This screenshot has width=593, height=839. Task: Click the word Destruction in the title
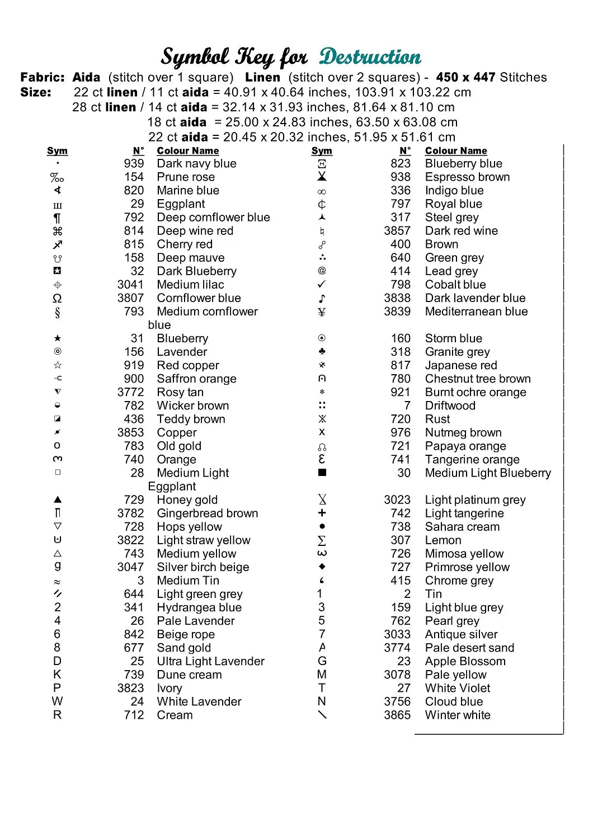tap(370, 56)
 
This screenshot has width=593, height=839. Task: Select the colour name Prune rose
tap(186, 177)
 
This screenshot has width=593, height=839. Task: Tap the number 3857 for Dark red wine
tap(397, 231)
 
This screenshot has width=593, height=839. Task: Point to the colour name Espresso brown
tap(467, 177)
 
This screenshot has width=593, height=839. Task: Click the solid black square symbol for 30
tap(322, 473)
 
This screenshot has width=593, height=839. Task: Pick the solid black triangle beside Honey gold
tap(58, 499)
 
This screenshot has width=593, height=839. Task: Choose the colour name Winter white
tap(458, 715)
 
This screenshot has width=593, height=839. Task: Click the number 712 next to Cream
tap(134, 715)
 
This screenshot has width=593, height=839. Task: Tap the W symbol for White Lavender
tap(57, 701)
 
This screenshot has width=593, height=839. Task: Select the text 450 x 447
tap(465, 77)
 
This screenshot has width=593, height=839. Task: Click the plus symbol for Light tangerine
tap(322, 513)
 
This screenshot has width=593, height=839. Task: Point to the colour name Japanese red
tap(461, 365)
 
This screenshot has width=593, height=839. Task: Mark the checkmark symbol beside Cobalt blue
tap(322, 284)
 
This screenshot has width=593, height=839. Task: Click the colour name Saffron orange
tap(196, 379)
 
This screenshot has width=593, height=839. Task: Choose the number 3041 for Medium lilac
tap(130, 285)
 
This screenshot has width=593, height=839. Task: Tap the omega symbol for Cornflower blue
tap(57, 298)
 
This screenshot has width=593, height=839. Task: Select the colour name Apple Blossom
tap(465, 662)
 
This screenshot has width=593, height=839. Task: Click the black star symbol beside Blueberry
tap(58, 338)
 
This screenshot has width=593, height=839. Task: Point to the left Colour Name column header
tap(187, 150)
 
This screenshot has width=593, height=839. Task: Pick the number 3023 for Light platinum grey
tap(397, 500)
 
